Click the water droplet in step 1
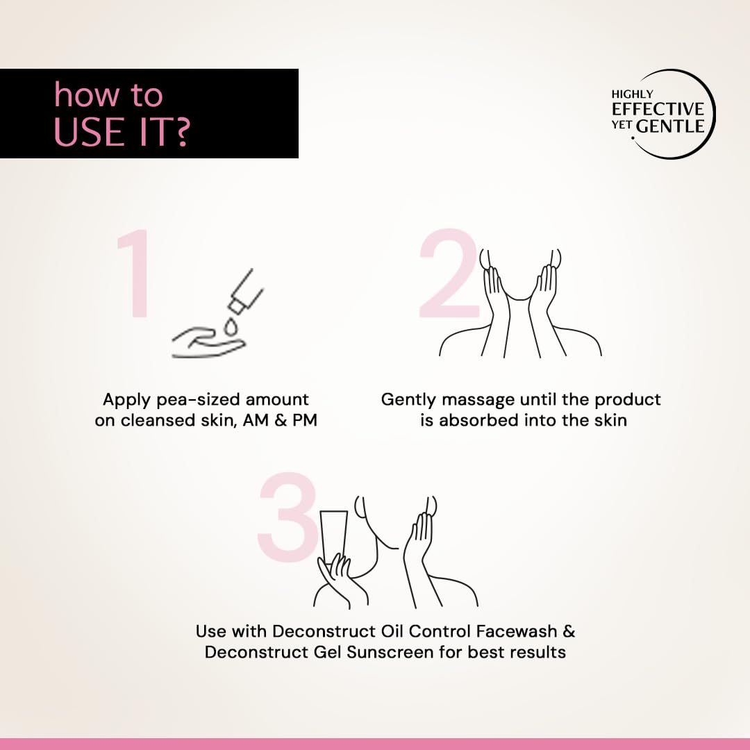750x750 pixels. (x=231, y=328)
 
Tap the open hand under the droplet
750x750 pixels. (x=208, y=342)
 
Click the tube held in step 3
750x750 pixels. (x=334, y=535)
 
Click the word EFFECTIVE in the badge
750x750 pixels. (x=658, y=109)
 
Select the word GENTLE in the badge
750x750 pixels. (x=671, y=126)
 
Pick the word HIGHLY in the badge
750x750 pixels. (x=632, y=94)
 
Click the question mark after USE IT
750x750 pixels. (x=181, y=132)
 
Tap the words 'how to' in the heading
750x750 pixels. (x=108, y=94)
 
